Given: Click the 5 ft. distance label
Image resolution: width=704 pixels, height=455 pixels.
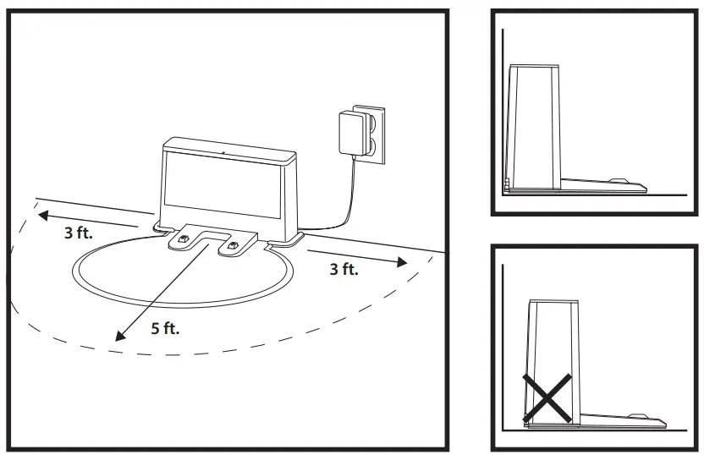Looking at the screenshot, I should coord(165,328).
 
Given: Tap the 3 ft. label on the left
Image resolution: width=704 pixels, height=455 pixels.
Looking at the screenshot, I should coord(79,233).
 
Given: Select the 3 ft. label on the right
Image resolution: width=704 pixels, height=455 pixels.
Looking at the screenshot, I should coord(344,270).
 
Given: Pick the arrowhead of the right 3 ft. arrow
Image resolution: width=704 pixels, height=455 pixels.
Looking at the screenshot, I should coord(402,263).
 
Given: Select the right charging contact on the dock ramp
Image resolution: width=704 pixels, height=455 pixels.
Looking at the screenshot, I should coord(231,246).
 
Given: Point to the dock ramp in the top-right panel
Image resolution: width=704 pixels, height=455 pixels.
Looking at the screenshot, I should coord(609,182).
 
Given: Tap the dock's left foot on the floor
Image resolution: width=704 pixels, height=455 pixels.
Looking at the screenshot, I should coord(159,227).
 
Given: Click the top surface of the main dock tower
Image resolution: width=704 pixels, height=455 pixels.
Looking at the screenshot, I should coord(228,145).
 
